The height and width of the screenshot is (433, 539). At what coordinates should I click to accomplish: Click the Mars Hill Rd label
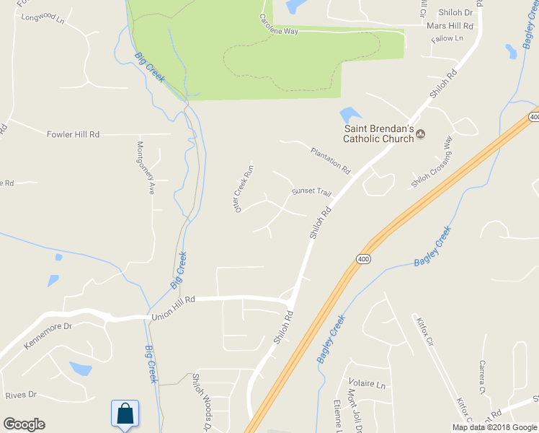click(450, 25)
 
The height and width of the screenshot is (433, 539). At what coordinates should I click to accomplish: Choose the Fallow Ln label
click(446, 38)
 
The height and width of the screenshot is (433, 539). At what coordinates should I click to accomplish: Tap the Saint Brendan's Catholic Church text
click(377, 134)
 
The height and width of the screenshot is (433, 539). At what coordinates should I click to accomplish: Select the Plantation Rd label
click(330, 161)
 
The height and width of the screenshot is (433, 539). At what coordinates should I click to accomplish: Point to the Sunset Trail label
click(311, 193)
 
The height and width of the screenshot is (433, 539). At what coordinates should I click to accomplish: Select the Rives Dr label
click(20, 395)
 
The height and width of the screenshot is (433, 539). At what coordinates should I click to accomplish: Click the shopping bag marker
click(125, 414)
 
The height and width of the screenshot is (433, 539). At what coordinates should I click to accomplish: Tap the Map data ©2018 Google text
click(494, 427)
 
